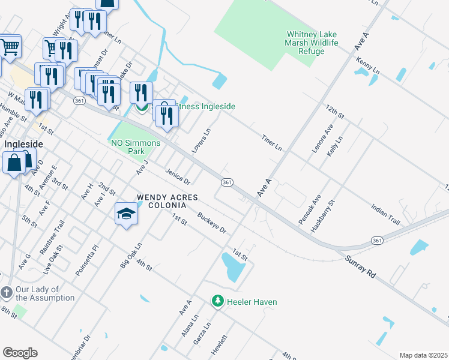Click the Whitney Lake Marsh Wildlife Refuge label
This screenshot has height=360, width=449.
click(x=313, y=43)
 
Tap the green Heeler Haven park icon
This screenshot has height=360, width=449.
click(x=218, y=301)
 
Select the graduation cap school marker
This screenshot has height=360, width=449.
click(x=126, y=214)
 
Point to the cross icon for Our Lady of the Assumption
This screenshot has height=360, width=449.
click(x=7, y=293)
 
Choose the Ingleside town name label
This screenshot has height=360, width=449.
click(x=24, y=145)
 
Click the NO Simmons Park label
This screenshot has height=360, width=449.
click(x=136, y=147)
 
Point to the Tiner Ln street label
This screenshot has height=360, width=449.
click(x=271, y=142)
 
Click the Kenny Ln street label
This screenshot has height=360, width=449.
click(x=368, y=66)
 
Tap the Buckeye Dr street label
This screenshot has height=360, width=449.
click(x=213, y=223)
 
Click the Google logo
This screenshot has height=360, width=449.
click(x=20, y=353)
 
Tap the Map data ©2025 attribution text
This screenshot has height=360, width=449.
click(x=423, y=355)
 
